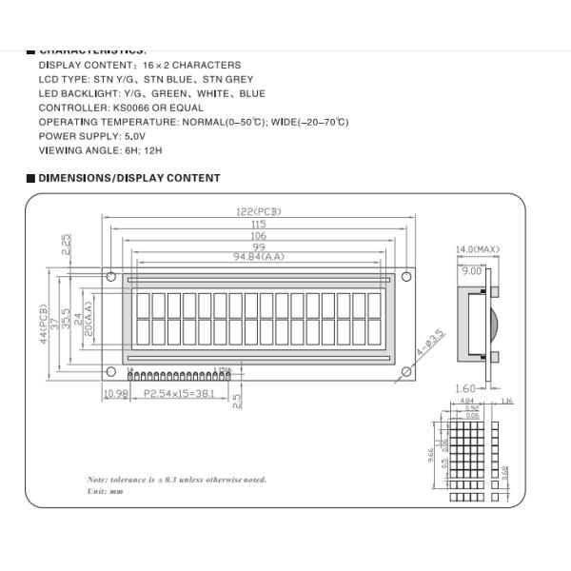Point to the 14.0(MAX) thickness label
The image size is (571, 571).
477,249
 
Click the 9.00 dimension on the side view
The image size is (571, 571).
470,271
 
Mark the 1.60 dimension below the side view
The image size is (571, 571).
465,388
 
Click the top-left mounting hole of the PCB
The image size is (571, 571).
111,278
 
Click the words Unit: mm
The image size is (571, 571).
106,491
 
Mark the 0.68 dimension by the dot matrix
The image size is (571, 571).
504,470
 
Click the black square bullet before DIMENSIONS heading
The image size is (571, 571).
30,178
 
